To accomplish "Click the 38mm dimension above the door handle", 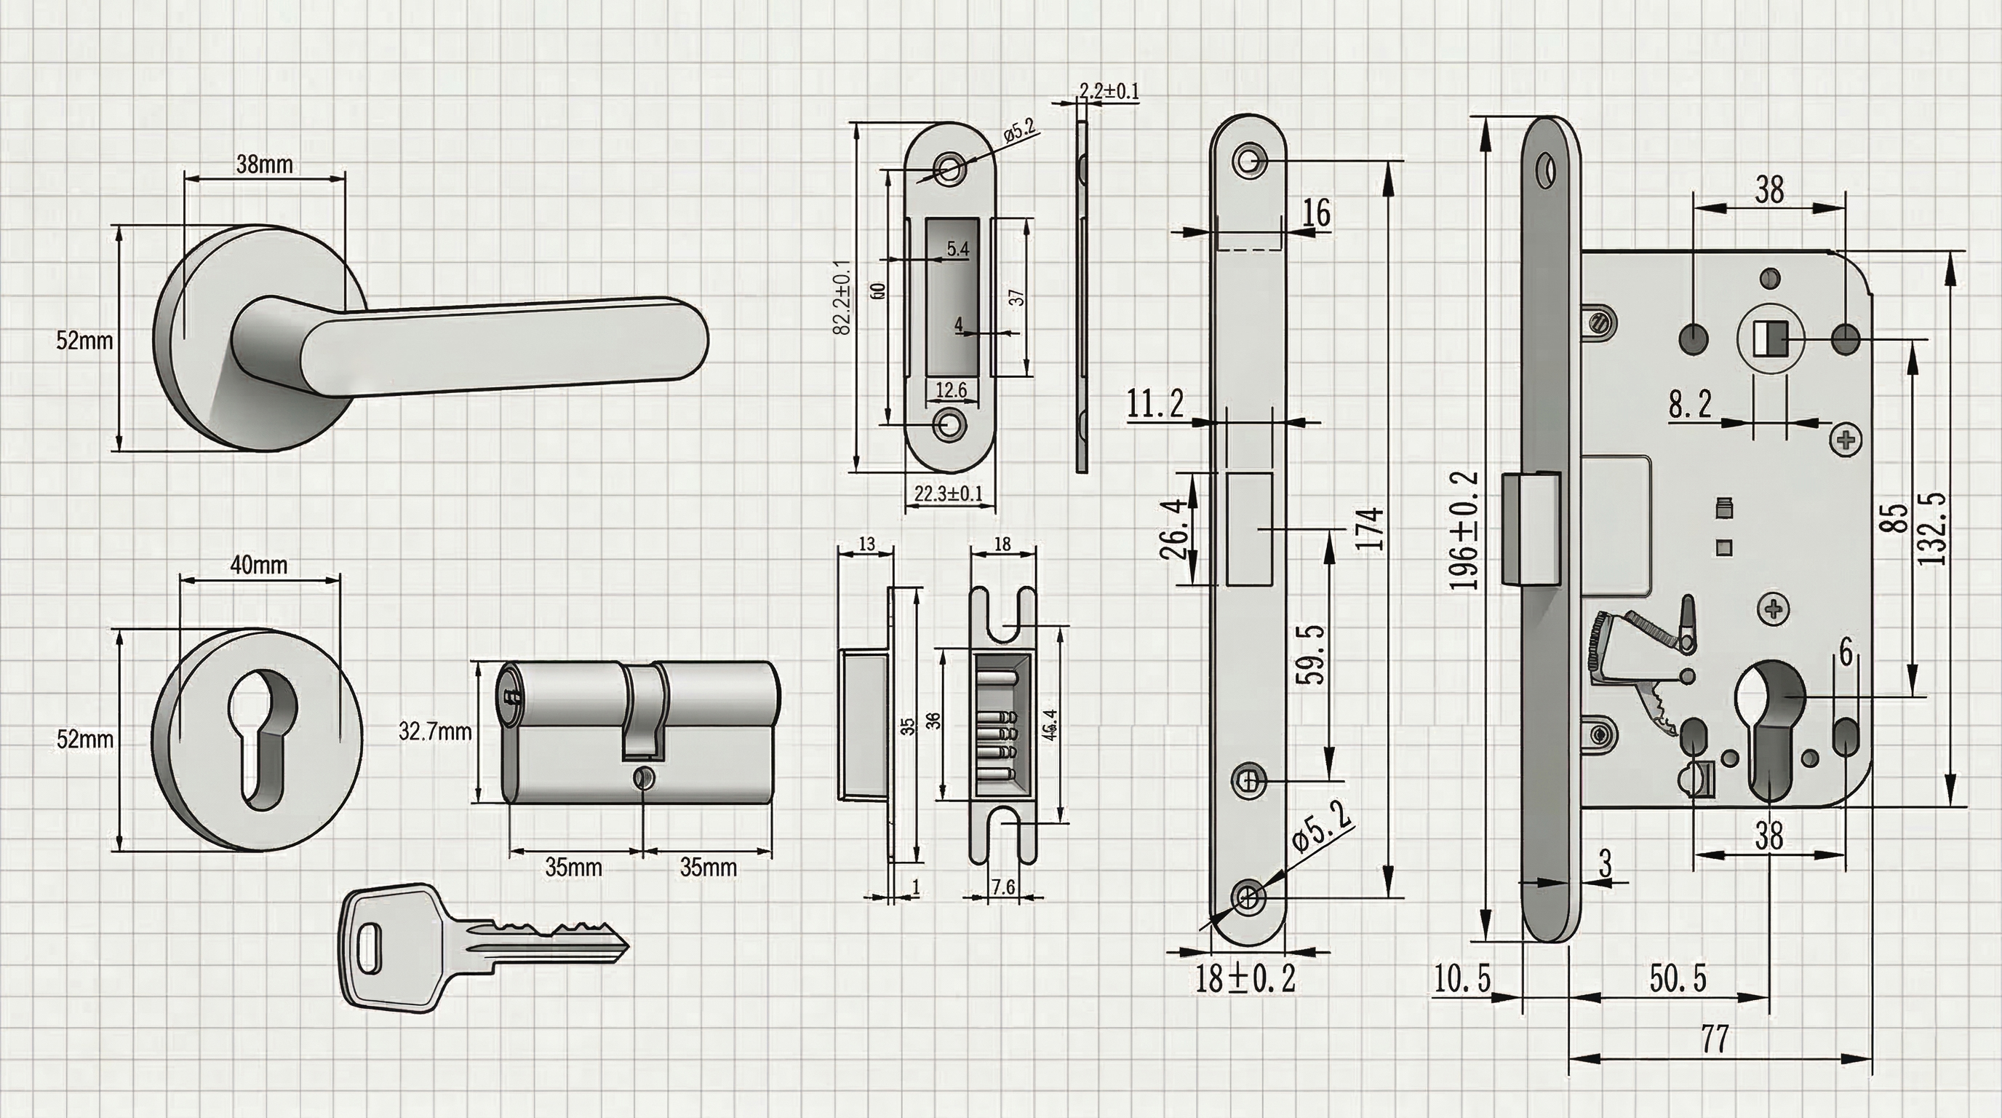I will pyautogui.click(x=264, y=164).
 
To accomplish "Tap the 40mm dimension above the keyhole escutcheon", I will pyautogui.click(x=259, y=566).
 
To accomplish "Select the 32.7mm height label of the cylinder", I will pyautogui.click(x=435, y=732).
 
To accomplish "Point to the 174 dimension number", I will pyautogui.click(x=1371, y=528).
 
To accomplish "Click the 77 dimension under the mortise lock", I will pyautogui.click(x=1715, y=1039).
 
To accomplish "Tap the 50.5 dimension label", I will pyautogui.click(x=1678, y=979).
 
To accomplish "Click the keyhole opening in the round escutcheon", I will pyautogui.click(x=262, y=722).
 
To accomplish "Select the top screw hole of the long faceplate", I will pyautogui.click(x=1249, y=160).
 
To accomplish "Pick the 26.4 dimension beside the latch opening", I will pyautogui.click(x=1175, y=528).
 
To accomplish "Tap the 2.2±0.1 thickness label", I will pyautogui.click(x=1109, y=92).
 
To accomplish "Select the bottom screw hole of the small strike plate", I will pyautogui.click(x=949, y=424).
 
